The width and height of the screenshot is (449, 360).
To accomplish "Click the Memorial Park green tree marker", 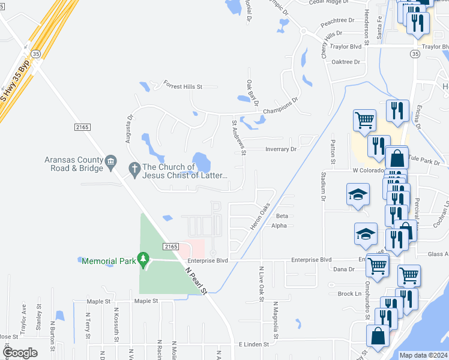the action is [x=142, y=260].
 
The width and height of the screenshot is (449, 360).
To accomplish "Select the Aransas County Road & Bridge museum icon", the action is [x=110, y=161].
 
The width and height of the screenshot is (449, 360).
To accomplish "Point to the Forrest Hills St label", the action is [x=183, y=86].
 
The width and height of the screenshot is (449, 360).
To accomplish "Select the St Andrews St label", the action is [x=238, y=137].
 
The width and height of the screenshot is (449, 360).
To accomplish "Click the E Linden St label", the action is [x=256, y=344].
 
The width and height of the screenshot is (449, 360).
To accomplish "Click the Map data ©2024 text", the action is [x=423, y=355].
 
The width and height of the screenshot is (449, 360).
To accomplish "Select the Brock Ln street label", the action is [x=349, y=293].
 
